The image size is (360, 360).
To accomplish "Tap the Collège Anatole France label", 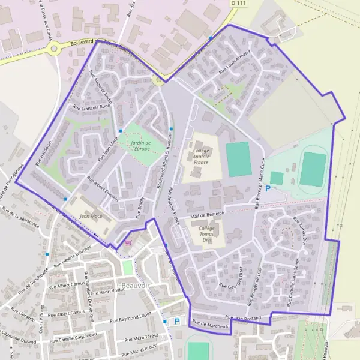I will [200, 155].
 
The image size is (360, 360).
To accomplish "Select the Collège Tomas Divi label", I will [206, 233].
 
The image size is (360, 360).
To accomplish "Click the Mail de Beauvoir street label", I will [207, 214].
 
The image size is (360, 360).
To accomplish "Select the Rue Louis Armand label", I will [234, 62].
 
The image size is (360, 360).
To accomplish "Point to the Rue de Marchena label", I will [210, 325].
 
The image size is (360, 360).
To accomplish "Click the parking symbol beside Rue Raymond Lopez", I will [177, 321].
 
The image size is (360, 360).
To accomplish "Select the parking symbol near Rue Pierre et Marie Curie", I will [268, 188].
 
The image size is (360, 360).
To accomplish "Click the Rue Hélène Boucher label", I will [72, 256].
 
